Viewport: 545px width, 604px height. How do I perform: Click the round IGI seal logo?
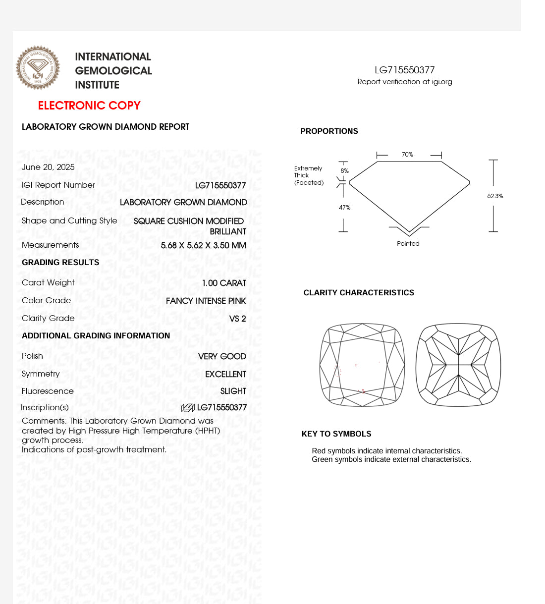pos(38,68)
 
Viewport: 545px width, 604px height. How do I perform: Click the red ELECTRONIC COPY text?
pos(89,106)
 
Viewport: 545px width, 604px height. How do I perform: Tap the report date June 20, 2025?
pos(48,167)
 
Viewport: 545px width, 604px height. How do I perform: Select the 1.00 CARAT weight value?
pos(224,283)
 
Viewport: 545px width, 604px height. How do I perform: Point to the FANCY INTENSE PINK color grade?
pos(206,301)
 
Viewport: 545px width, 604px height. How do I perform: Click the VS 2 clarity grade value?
pos(237,319)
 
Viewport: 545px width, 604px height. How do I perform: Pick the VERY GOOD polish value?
pos(222,356)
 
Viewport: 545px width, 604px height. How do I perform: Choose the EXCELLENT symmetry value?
pos(225,374)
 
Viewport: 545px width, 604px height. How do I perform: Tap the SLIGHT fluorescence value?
pos(233,391)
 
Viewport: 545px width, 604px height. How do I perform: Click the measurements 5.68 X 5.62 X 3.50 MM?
pos(203,245)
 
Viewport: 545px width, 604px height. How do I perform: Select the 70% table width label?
pos(407,155)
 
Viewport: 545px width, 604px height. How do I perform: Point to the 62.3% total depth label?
pos(495,196)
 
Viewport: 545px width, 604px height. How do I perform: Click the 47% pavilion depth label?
pos(344,208)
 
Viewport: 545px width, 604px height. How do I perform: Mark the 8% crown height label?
pos(344,171)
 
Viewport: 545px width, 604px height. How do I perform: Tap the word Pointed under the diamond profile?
pos(408,244)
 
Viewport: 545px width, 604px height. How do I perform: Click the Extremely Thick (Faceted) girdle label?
pos(308,175)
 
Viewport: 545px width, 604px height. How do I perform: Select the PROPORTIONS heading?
pos(329,131)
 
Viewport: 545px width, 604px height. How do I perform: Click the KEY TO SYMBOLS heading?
pos(336,434)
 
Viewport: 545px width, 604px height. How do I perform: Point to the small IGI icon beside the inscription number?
pos(188,408)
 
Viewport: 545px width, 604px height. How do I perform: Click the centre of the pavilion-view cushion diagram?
pos(458,365)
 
